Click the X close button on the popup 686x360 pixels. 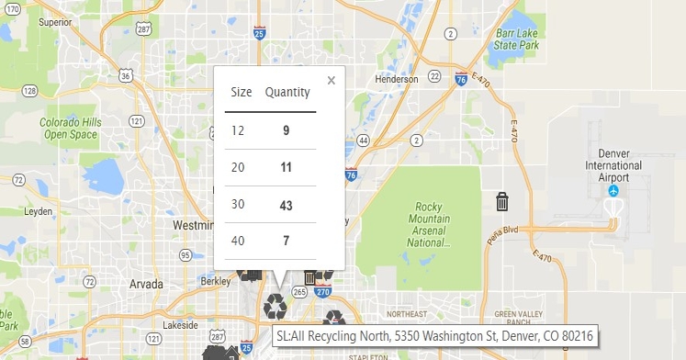[332, 81]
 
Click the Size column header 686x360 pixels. [242, 92]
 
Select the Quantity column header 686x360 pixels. [287, 92]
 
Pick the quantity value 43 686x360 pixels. [286, 205]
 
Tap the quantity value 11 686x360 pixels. [286, 167]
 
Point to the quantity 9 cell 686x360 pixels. [286, 130]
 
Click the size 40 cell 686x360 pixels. [239, 241]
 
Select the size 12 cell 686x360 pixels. [239, 130]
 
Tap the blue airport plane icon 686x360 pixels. [613, 191]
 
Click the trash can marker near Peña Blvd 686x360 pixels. [502, 201]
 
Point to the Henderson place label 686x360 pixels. [397, 79]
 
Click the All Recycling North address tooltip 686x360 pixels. [433, 336]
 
